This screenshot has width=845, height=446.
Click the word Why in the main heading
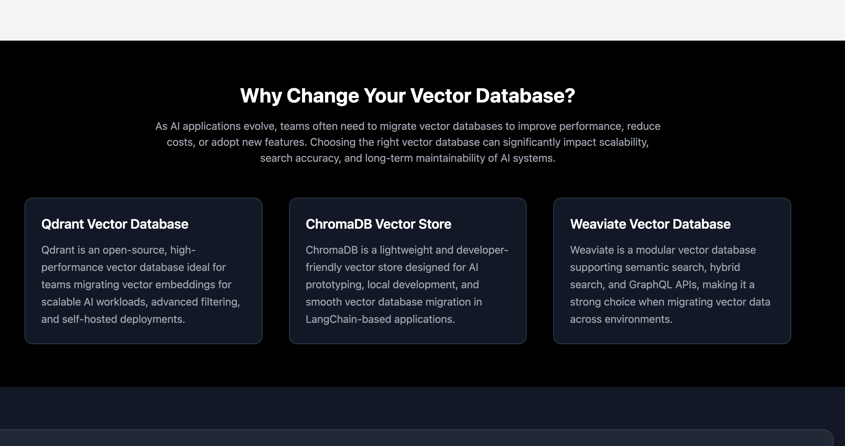pyautogui.click(x=261, y=96)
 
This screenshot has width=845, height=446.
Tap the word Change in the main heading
pyautogui.click(x=323, y=96)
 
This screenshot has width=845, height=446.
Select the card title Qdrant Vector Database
pyautogui.click(x=115, y=224)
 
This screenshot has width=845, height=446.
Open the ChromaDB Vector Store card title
pyautogui.click(x=378, y=224)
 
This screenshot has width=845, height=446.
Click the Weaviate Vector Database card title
pyautogui.click(x=650, y=224)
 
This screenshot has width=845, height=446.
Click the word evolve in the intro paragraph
pyautogui.click(x=260, y=126)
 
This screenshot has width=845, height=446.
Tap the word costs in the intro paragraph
pyautogui.click(x=181, y=142)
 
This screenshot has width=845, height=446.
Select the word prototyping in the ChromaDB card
pyautogui.click(x=335, y=285)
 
